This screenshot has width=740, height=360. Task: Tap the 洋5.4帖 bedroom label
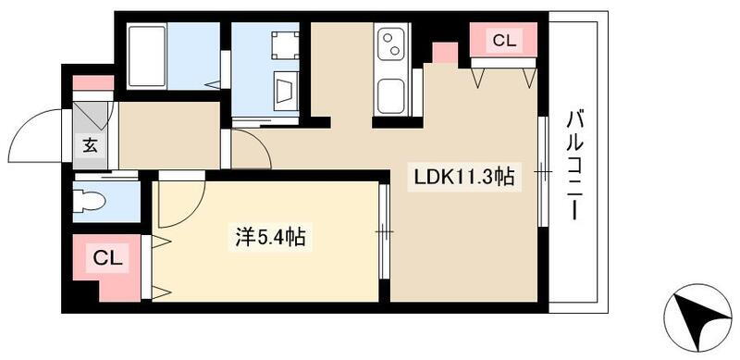tap(268, 238)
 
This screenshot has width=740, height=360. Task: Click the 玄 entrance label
tap(90, 145)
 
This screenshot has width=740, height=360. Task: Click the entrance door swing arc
tap(43, 139)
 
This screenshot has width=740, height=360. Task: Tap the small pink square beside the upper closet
tap(444, 52)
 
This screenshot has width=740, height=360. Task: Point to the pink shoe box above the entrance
tap(93, 82)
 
